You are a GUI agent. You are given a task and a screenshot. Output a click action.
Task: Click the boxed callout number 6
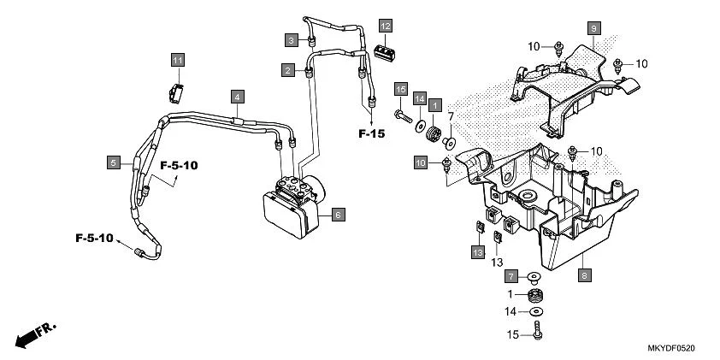(338, 215)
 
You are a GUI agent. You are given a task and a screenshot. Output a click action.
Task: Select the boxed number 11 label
(177, 60)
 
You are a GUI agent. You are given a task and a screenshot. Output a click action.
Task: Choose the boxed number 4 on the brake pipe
(236, 97)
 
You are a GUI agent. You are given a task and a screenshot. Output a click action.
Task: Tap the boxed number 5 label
(112, 161)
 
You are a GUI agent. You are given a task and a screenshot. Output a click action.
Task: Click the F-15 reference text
(372, 133)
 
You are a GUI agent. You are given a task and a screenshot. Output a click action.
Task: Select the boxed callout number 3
(292, 40)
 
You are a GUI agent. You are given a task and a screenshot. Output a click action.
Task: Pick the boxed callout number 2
(289, 68)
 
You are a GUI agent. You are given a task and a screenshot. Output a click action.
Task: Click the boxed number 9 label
(592, 28)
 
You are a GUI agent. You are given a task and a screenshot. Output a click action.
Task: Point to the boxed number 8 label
(585, 276)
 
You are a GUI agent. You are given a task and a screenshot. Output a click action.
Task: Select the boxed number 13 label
(476, 251)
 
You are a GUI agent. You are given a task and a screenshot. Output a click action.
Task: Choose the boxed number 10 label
(421, 162)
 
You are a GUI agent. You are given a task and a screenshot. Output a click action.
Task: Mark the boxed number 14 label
(419, 99)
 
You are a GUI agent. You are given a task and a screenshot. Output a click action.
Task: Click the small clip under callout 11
(175, 91)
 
